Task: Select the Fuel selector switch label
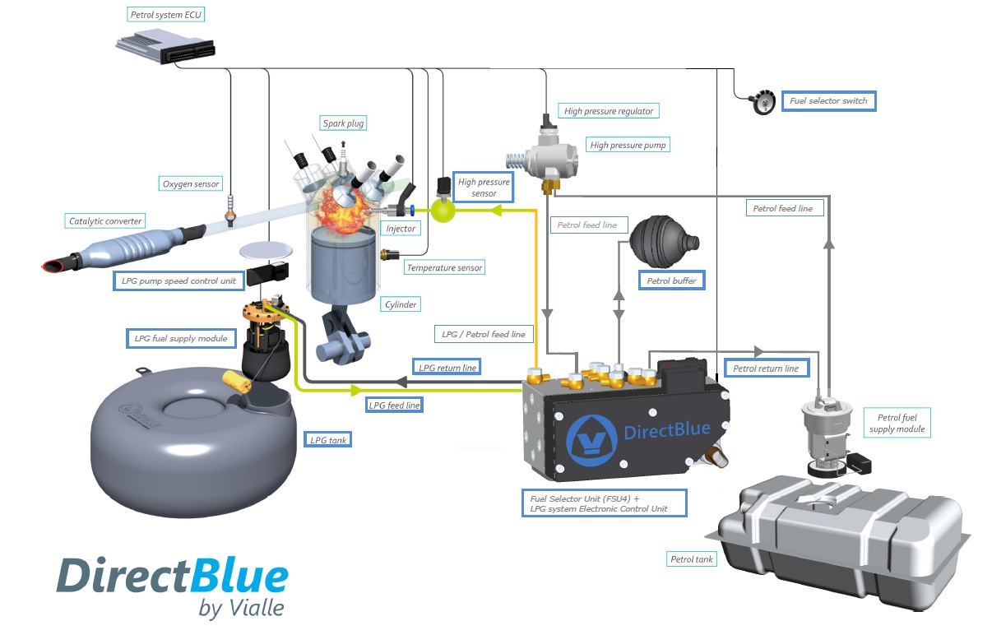(828, 101)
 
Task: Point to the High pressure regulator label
(609, 111)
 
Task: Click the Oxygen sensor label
(191, 184)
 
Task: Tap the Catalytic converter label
(106, 221)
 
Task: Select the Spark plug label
(343, 123)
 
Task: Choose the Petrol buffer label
(672, 280)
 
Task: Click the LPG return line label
(447, 368)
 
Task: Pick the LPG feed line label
(396, 406)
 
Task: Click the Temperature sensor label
(444, 267)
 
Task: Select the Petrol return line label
(766, 368)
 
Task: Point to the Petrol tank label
(693, 559)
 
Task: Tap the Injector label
(401, 228)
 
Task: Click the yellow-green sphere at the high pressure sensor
(444, 211)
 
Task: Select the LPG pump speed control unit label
(178, 281)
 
